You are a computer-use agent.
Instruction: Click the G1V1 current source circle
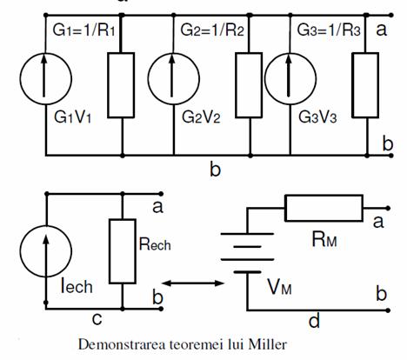(20, 78)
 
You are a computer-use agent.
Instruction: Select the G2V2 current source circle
(148, 78)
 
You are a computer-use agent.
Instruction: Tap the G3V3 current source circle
(264, 78)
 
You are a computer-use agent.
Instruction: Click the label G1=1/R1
(84, 30)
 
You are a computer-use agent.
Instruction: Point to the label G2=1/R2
(212, 30)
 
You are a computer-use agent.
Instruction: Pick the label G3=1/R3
(329, 30)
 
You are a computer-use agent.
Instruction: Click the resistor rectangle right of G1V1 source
(108, 85)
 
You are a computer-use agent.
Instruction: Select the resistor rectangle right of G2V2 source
(236, 85)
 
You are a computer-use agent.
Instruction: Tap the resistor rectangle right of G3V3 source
(352, 85)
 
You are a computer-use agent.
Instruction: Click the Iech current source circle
(20, 251)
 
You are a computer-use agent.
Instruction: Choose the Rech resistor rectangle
(110, 251)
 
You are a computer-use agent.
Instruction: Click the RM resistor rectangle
(324, 197)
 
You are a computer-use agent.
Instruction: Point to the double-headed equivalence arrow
(193, 283)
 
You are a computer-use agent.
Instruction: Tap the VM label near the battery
(279, 288)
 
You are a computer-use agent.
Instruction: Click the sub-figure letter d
(314, 321)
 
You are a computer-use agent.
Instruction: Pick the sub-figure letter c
(97, 319)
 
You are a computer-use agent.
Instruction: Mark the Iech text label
(77, 286)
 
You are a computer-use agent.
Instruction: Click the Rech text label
(155, 243)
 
